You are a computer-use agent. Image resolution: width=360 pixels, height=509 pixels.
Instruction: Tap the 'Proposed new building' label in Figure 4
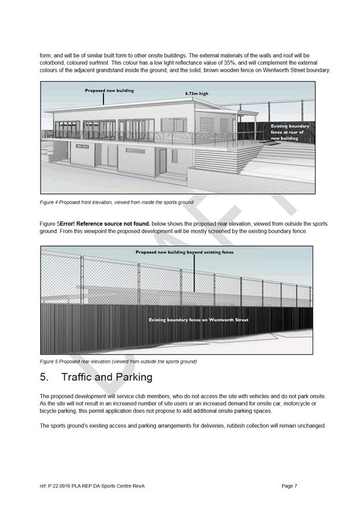[109, 91]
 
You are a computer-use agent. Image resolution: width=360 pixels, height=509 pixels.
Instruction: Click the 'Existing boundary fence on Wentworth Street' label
[199, 320]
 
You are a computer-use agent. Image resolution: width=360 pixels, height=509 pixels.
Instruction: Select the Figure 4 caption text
[116, 202]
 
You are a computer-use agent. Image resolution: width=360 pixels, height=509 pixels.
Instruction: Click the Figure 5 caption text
[118, 361]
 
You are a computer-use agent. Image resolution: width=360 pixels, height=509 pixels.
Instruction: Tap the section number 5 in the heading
[44, 377]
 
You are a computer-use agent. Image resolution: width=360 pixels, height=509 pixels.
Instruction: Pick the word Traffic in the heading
[80, 377]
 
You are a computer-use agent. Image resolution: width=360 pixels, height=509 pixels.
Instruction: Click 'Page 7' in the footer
[289, 486]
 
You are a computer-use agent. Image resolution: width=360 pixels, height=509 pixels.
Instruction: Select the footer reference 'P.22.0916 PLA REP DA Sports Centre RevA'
[95, 486]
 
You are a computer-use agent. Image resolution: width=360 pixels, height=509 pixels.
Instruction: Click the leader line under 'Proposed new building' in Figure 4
[103, 98]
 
